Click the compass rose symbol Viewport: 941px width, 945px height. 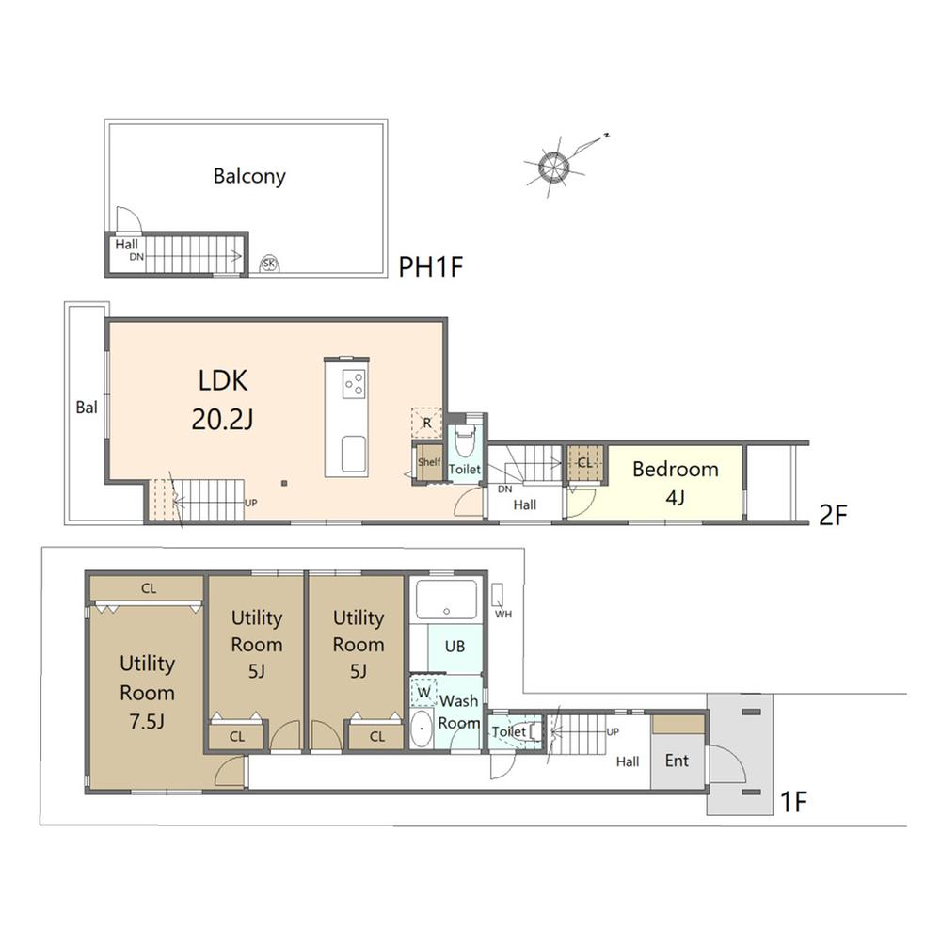click(x=553, y=166)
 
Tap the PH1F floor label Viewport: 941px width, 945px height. click(x=431, y=266)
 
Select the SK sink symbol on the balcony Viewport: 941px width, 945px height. click(x=269, y=264)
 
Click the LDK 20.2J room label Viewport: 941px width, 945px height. click(x=222, y=400)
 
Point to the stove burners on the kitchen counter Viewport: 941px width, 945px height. click(x=354, y=383)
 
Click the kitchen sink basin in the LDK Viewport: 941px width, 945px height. click(x=354, y=454)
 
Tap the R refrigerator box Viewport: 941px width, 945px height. click(x=426, y=423)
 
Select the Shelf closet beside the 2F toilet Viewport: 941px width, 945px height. click(x=429, y=462)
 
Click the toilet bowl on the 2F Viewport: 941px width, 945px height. click(x=465, y=441)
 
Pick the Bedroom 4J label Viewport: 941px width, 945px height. click(x=676, y=483)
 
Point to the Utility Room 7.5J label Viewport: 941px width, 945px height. click(x=147, y=692)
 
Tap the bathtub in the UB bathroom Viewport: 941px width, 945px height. click(x=446, y=599)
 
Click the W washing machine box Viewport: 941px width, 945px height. click(x=424, y=692)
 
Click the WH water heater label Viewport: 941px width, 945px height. click(x=503, y=614)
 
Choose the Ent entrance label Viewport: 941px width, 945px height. click(x=677, y=761)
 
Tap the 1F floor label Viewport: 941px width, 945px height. click(x=793, y=802)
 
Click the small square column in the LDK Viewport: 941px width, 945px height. click(x=284, y=483)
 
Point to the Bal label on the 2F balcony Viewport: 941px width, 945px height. click(x=87, y=408)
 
